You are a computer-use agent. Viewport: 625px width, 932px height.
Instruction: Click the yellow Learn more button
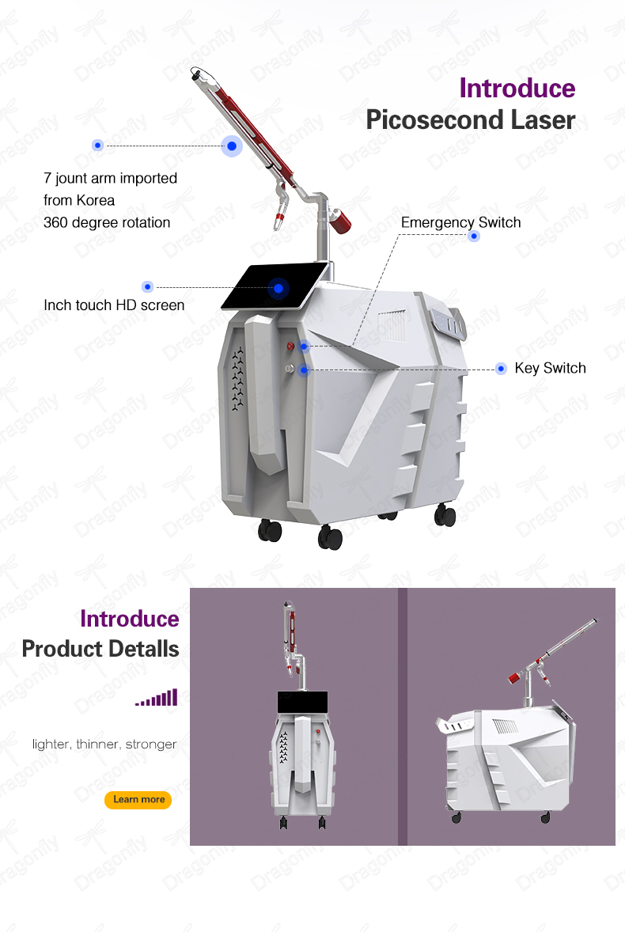138,799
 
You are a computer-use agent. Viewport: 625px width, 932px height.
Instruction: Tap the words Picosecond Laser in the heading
470,119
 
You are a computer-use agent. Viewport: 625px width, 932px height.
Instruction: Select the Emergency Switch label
460,222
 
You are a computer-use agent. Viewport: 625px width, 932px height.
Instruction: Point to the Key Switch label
550,368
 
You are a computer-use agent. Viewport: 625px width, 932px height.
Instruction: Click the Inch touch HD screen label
114,305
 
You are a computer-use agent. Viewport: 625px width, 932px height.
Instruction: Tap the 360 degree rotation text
107,222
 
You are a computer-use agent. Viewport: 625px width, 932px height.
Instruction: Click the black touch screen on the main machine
275,286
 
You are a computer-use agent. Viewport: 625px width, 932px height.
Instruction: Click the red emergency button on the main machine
290,346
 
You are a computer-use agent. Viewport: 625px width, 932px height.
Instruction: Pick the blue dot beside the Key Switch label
501,369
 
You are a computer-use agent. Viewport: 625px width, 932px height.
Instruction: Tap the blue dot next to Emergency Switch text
474,236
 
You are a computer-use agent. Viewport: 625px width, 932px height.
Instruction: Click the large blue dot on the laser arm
232,146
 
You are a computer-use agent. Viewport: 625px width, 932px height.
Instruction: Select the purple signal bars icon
157,697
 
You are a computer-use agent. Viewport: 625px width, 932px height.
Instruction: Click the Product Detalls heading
100,649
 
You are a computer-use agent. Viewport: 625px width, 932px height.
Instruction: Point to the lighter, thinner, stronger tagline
104,744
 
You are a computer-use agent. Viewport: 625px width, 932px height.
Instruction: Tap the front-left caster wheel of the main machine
270,529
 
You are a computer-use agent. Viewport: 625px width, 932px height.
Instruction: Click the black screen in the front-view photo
302,703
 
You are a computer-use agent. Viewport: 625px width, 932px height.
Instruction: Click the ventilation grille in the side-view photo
506,726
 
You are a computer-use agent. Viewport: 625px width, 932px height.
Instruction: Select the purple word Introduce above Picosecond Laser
517,88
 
